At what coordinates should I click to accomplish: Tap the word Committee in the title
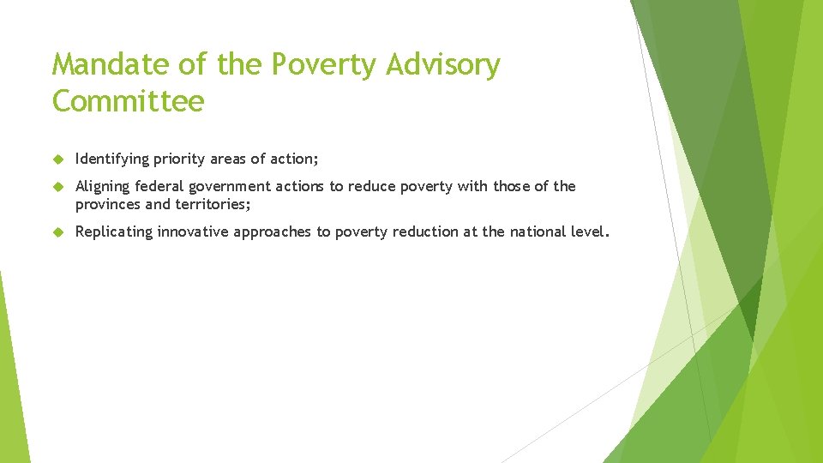(x=128, y=102)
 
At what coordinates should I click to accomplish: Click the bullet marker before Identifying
(x=57, y=159)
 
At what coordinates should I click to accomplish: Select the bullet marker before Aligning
(x=57, y=186)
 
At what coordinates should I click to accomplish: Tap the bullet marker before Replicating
(x=57, y=231)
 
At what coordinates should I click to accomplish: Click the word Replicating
(x=113, y=231)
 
